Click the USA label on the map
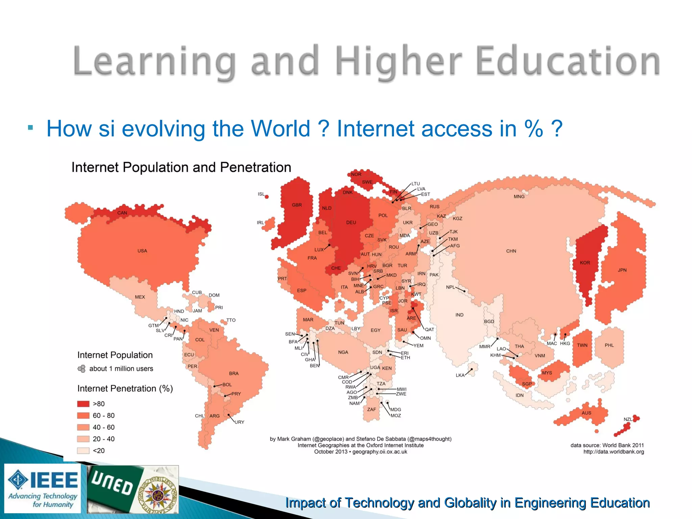[x=142, y=251]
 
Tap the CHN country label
[x=511, y=251]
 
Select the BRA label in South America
[x=233, y=373]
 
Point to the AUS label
[x=586, y=413]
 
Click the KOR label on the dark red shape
[x=585, y=263]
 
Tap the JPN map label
[x=622, y=270]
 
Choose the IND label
[x=459, y=315]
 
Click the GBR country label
[x=297, y=205]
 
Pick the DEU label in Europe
[x=351, y=222]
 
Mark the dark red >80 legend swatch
[x=83, y=404]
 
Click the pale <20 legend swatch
[x=83, y=450]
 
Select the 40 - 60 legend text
[x=103, y=427]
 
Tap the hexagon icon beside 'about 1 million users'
[x=81, y=369]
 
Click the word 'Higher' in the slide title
[x=398, y=61]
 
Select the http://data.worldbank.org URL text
[x=613, y=452]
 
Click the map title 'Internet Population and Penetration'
[x=181, y=167]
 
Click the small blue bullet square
[x=30, y=128]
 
